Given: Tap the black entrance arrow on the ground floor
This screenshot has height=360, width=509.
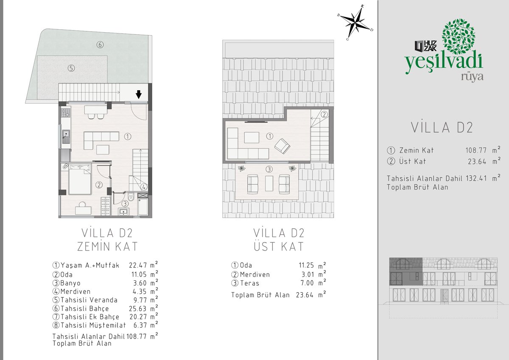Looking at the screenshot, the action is (x=139, y=94).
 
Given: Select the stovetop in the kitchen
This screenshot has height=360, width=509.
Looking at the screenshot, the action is (x=66, y=113).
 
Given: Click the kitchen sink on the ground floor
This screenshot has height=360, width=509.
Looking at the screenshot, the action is (x=66, y=137).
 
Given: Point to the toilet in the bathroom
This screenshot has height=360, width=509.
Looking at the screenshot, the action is (x=131, y=197).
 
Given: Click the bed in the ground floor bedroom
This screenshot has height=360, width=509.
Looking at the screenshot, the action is (x=80, y=179).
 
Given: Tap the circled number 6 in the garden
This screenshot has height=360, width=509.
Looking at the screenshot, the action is (x=100, y=45).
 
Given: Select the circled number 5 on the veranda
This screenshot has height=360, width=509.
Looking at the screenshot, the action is (x=71, y=68).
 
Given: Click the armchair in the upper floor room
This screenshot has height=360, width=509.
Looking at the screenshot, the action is (x=282, y=146).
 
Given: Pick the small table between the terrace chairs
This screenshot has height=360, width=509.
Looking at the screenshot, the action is (x=269, y=183).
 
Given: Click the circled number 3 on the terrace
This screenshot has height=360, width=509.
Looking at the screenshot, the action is (x=269, y=169).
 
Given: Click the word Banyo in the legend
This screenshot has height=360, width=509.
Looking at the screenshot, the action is (x=70, y=283).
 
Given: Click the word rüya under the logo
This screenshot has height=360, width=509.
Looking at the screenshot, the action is (x=472, y=77).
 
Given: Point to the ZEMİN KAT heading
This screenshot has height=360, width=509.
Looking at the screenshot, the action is (x=107, y=247).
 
